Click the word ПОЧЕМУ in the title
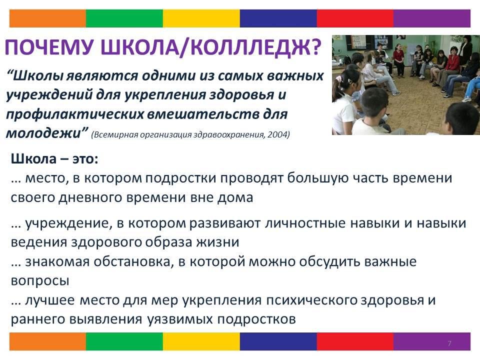pyautogui.click(x=49, y=47)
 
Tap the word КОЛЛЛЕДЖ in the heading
pyautogui.click(x=245, y=47)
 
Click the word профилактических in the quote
pyautogui.click(x=75, y=114)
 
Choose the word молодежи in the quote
pyautogui.click(x=44, y=133)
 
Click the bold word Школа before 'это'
pyautogui.click(x=34, y=159)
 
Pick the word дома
pyautogui.click(x=235, y=197)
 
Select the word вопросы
pyautogui.click(x=40, y=280)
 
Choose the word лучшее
pyautogui.click(x=49, y=300)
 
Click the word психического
pyautogui.click(x=311, y=300)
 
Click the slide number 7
pyautogui.click(x=449, y=343)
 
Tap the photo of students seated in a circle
pyautogui.click(x=406, y=85)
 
